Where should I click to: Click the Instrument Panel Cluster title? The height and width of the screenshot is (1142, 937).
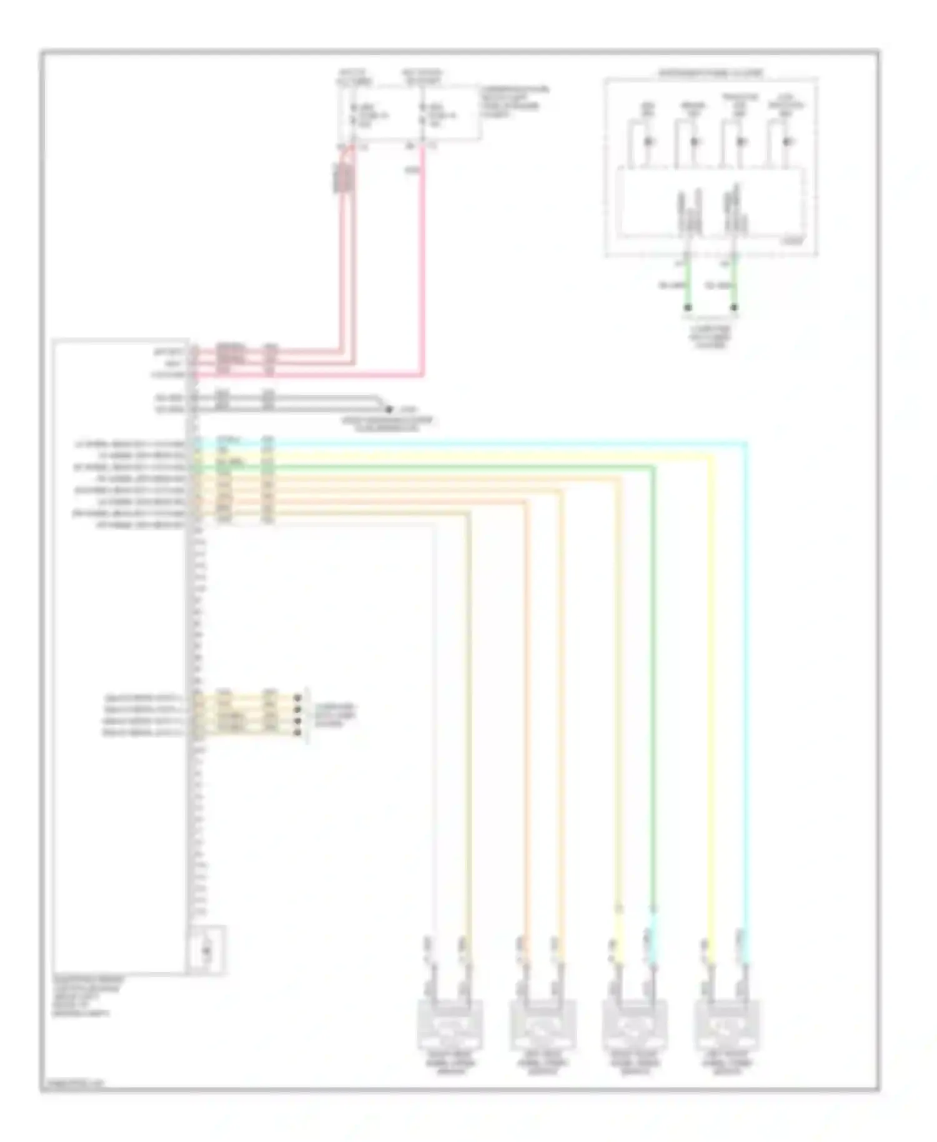[x=711, y=74]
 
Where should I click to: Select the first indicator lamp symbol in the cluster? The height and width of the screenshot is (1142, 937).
[x=649, y=142]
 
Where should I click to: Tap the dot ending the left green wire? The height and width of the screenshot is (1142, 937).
[x=688, y=307]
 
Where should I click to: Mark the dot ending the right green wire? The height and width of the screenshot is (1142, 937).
[x=734, y=307]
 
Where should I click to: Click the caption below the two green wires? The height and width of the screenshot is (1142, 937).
[x=711, y=336]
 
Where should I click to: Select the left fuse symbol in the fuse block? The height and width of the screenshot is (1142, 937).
[x=354, y=116]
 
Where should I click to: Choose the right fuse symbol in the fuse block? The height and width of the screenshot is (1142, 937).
[x=424, y=116]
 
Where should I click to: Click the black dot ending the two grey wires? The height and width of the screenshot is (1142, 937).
[x=389, y=410]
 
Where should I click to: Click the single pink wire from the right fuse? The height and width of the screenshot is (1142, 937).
[x=424, y=262]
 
